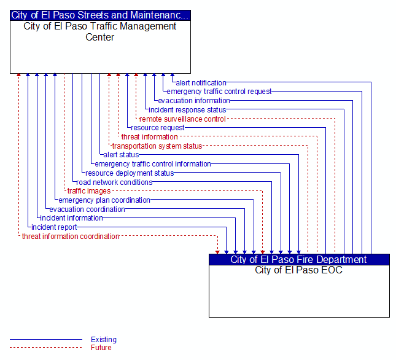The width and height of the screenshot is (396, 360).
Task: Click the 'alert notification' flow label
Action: [x=201, y=83]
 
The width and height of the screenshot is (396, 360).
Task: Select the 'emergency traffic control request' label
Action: [x=219, y=92]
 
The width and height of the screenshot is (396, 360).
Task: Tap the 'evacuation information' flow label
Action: [x=194, y=101]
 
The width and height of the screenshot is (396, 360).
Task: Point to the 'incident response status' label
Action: [x=187, y=110]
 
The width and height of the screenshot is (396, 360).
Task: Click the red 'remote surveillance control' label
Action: [x=182, y=119]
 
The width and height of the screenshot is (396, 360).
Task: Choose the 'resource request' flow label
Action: [x=158, y=128]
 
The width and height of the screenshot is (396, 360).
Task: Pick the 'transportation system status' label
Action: [x=157, y=146]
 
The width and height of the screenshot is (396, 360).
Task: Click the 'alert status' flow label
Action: [x=121, y=155]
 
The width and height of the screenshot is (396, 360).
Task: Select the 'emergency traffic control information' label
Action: [x=153, y=164]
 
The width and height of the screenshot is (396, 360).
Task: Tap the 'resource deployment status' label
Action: [x=130, y=173]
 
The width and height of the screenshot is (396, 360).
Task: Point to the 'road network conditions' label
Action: [x=114, y=182]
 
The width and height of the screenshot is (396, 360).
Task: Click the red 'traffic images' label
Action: [x=89, y=191]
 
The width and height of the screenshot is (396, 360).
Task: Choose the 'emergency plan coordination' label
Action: [x=104, y=200]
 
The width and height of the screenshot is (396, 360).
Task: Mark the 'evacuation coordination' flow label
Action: [x=87, y=209]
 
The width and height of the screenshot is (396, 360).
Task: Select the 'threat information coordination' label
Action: [x=71, y=237]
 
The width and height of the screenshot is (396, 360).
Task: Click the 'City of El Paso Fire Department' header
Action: [x=298, y=259]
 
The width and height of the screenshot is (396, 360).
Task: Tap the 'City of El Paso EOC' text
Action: [x=298, y=270]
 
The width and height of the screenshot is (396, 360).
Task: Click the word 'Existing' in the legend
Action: [x=104, y=340]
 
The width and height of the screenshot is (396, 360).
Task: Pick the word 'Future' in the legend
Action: [x=101, y=348]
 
